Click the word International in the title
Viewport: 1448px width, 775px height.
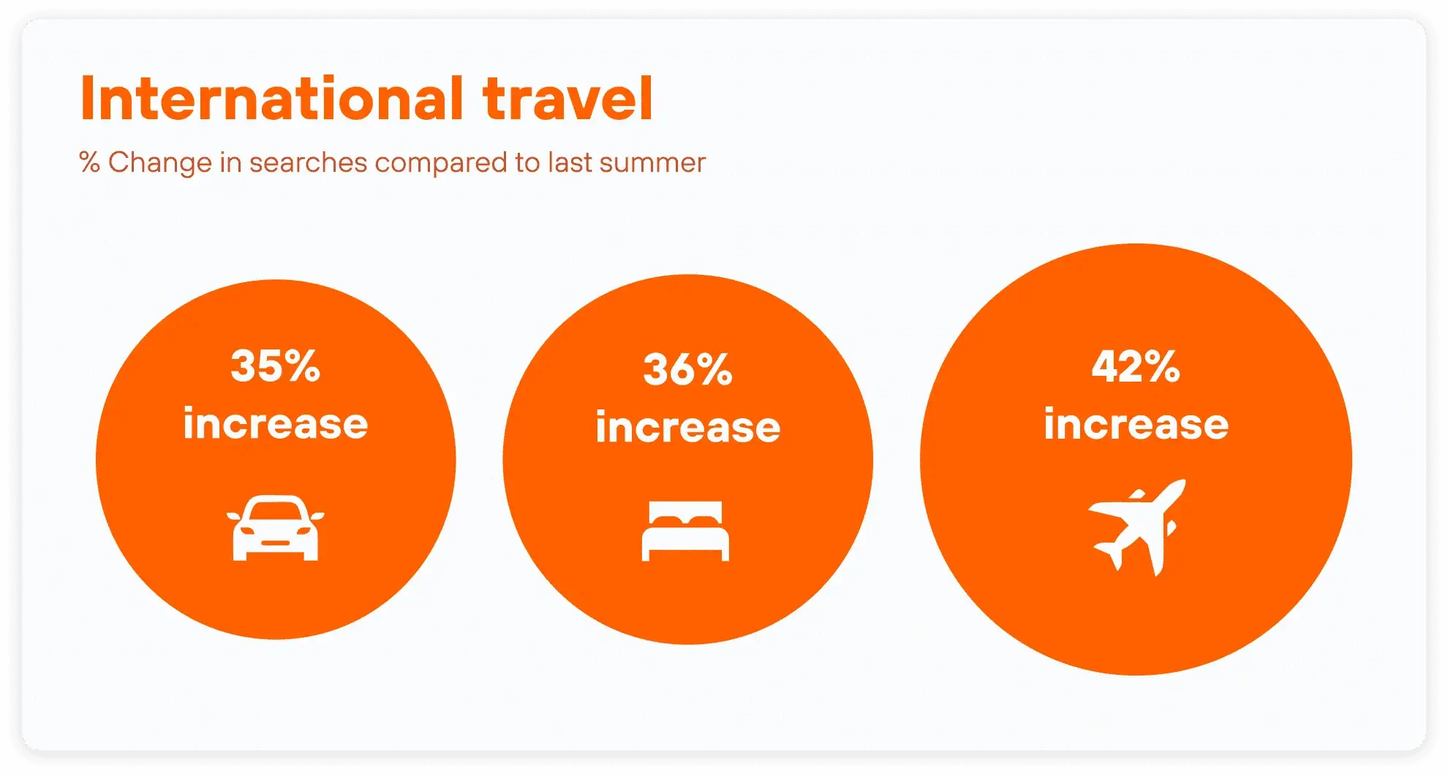pos(272,98)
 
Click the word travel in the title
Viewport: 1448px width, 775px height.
pos(567,98)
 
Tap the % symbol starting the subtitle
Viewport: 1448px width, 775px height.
pos(89,162)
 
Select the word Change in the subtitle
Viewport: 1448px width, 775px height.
pos(160,162)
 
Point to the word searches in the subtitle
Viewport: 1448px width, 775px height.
pos(308,162)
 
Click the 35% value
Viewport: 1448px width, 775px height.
pos(276,366)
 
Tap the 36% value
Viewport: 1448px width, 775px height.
pos(688,369)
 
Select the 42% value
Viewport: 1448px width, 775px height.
pos(1136,366)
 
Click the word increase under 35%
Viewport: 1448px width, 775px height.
pos(276,423)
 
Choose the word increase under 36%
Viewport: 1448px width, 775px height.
pos(688,426)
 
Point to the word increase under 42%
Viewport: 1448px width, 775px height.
pos(1136,423)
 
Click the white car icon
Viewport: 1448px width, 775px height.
pos(275,528)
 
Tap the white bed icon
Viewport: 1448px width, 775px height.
pos(685,532)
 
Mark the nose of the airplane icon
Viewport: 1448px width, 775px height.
pos(1179,485)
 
